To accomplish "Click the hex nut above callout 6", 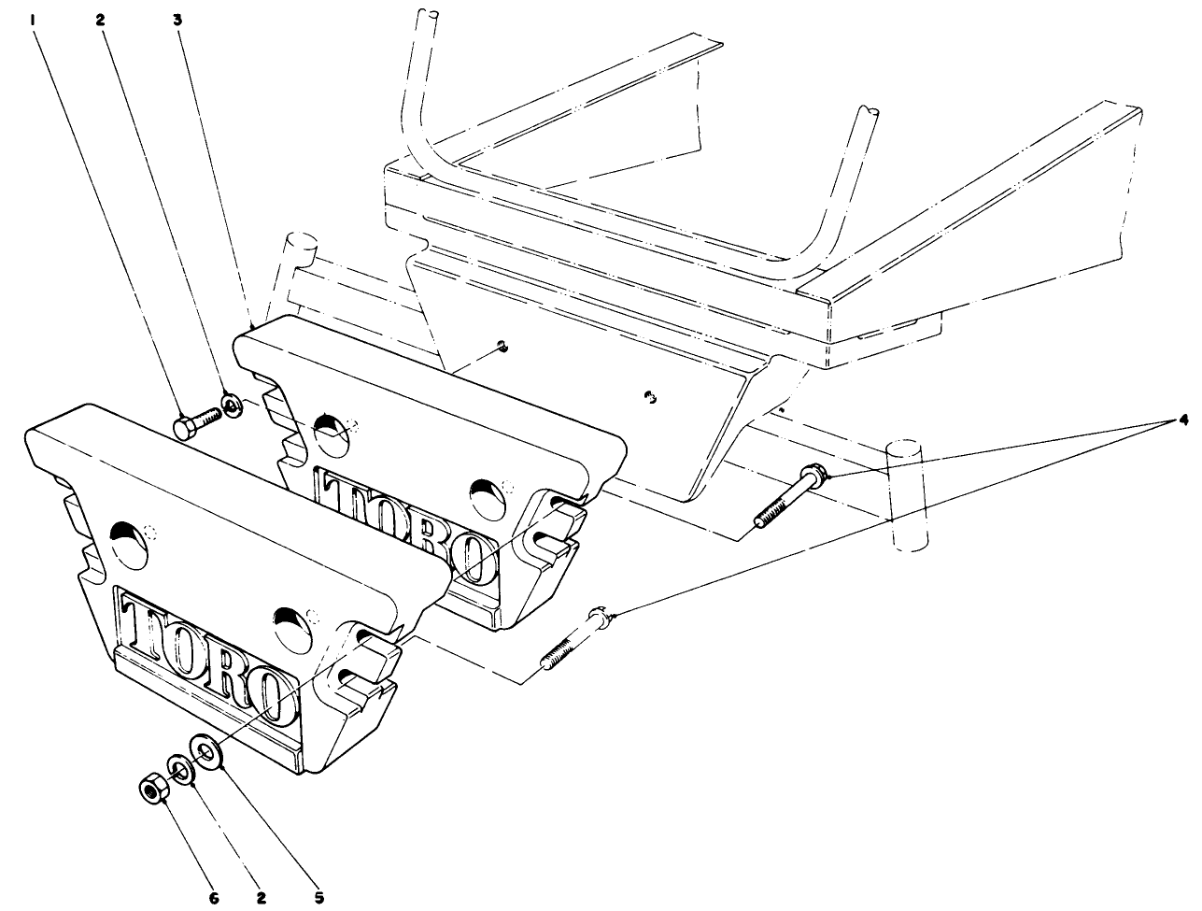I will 149,790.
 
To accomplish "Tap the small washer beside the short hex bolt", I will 231,404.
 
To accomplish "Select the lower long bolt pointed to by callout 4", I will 573,640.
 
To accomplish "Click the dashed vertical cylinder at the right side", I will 902,495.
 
